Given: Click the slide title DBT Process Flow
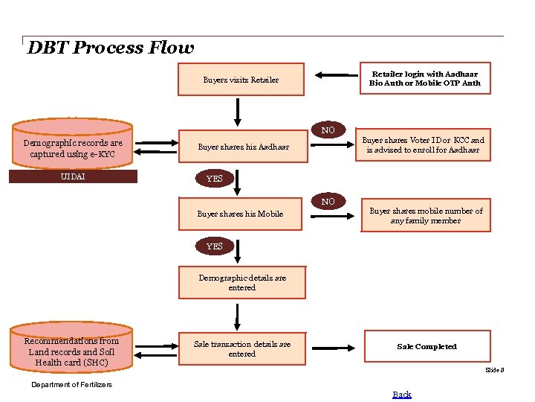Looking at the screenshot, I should click(x=110, y=48).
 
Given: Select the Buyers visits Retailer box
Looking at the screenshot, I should click(x=241, y=80).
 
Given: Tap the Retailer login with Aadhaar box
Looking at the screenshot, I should click(x=425, y=79).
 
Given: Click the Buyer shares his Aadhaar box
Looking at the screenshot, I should click(x=243, y=147).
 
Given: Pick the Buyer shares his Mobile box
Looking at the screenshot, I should click(x=240, y=214).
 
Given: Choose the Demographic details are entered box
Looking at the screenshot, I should click(x=241, y=283).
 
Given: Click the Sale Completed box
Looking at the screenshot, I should click(x=427, y=347).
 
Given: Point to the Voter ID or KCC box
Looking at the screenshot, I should click(x=425, y=145).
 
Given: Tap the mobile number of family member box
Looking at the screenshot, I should click(x=426, y=216).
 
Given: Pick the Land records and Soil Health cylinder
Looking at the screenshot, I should click(x=73, y=351).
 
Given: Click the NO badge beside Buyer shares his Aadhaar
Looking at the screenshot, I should click(x=328, y=130).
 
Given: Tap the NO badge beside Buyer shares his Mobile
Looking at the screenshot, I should click(x=328, y=202).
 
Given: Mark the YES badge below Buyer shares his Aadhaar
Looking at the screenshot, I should click(x=214, y=179).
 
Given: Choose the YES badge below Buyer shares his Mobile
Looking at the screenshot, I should click(x=214, y=246).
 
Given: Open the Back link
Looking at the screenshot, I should click(x=402, y=395).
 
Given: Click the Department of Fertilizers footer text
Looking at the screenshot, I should click(x=72, y=385).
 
